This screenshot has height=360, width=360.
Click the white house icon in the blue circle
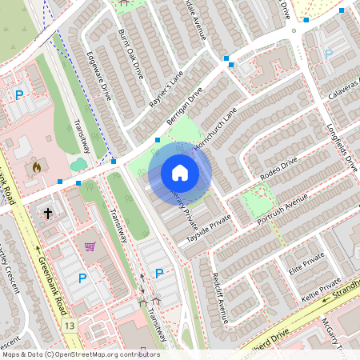(x=180, y=172)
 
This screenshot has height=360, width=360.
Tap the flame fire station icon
(x=36, y=168)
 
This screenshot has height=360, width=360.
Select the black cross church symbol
(x=48, y=214)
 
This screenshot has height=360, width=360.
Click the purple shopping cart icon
(x=90, y=246)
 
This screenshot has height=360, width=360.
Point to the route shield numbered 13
(x=70, y=326)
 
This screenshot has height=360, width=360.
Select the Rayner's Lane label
(x=166, y=88)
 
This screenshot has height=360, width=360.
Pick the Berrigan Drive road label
(x=185, y=106)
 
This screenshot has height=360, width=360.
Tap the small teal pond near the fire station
(x=78, y=165)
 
